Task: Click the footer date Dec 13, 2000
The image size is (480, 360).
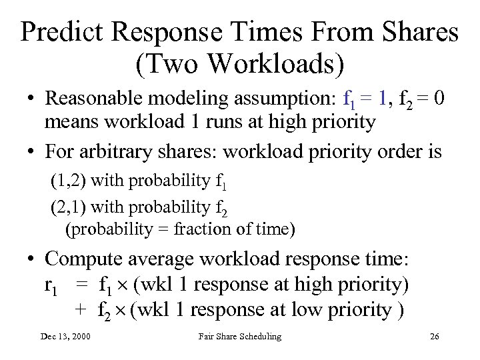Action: [65, 337]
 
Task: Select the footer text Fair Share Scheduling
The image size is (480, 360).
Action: [240, 337]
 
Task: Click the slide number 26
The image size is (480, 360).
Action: [434, 337]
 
